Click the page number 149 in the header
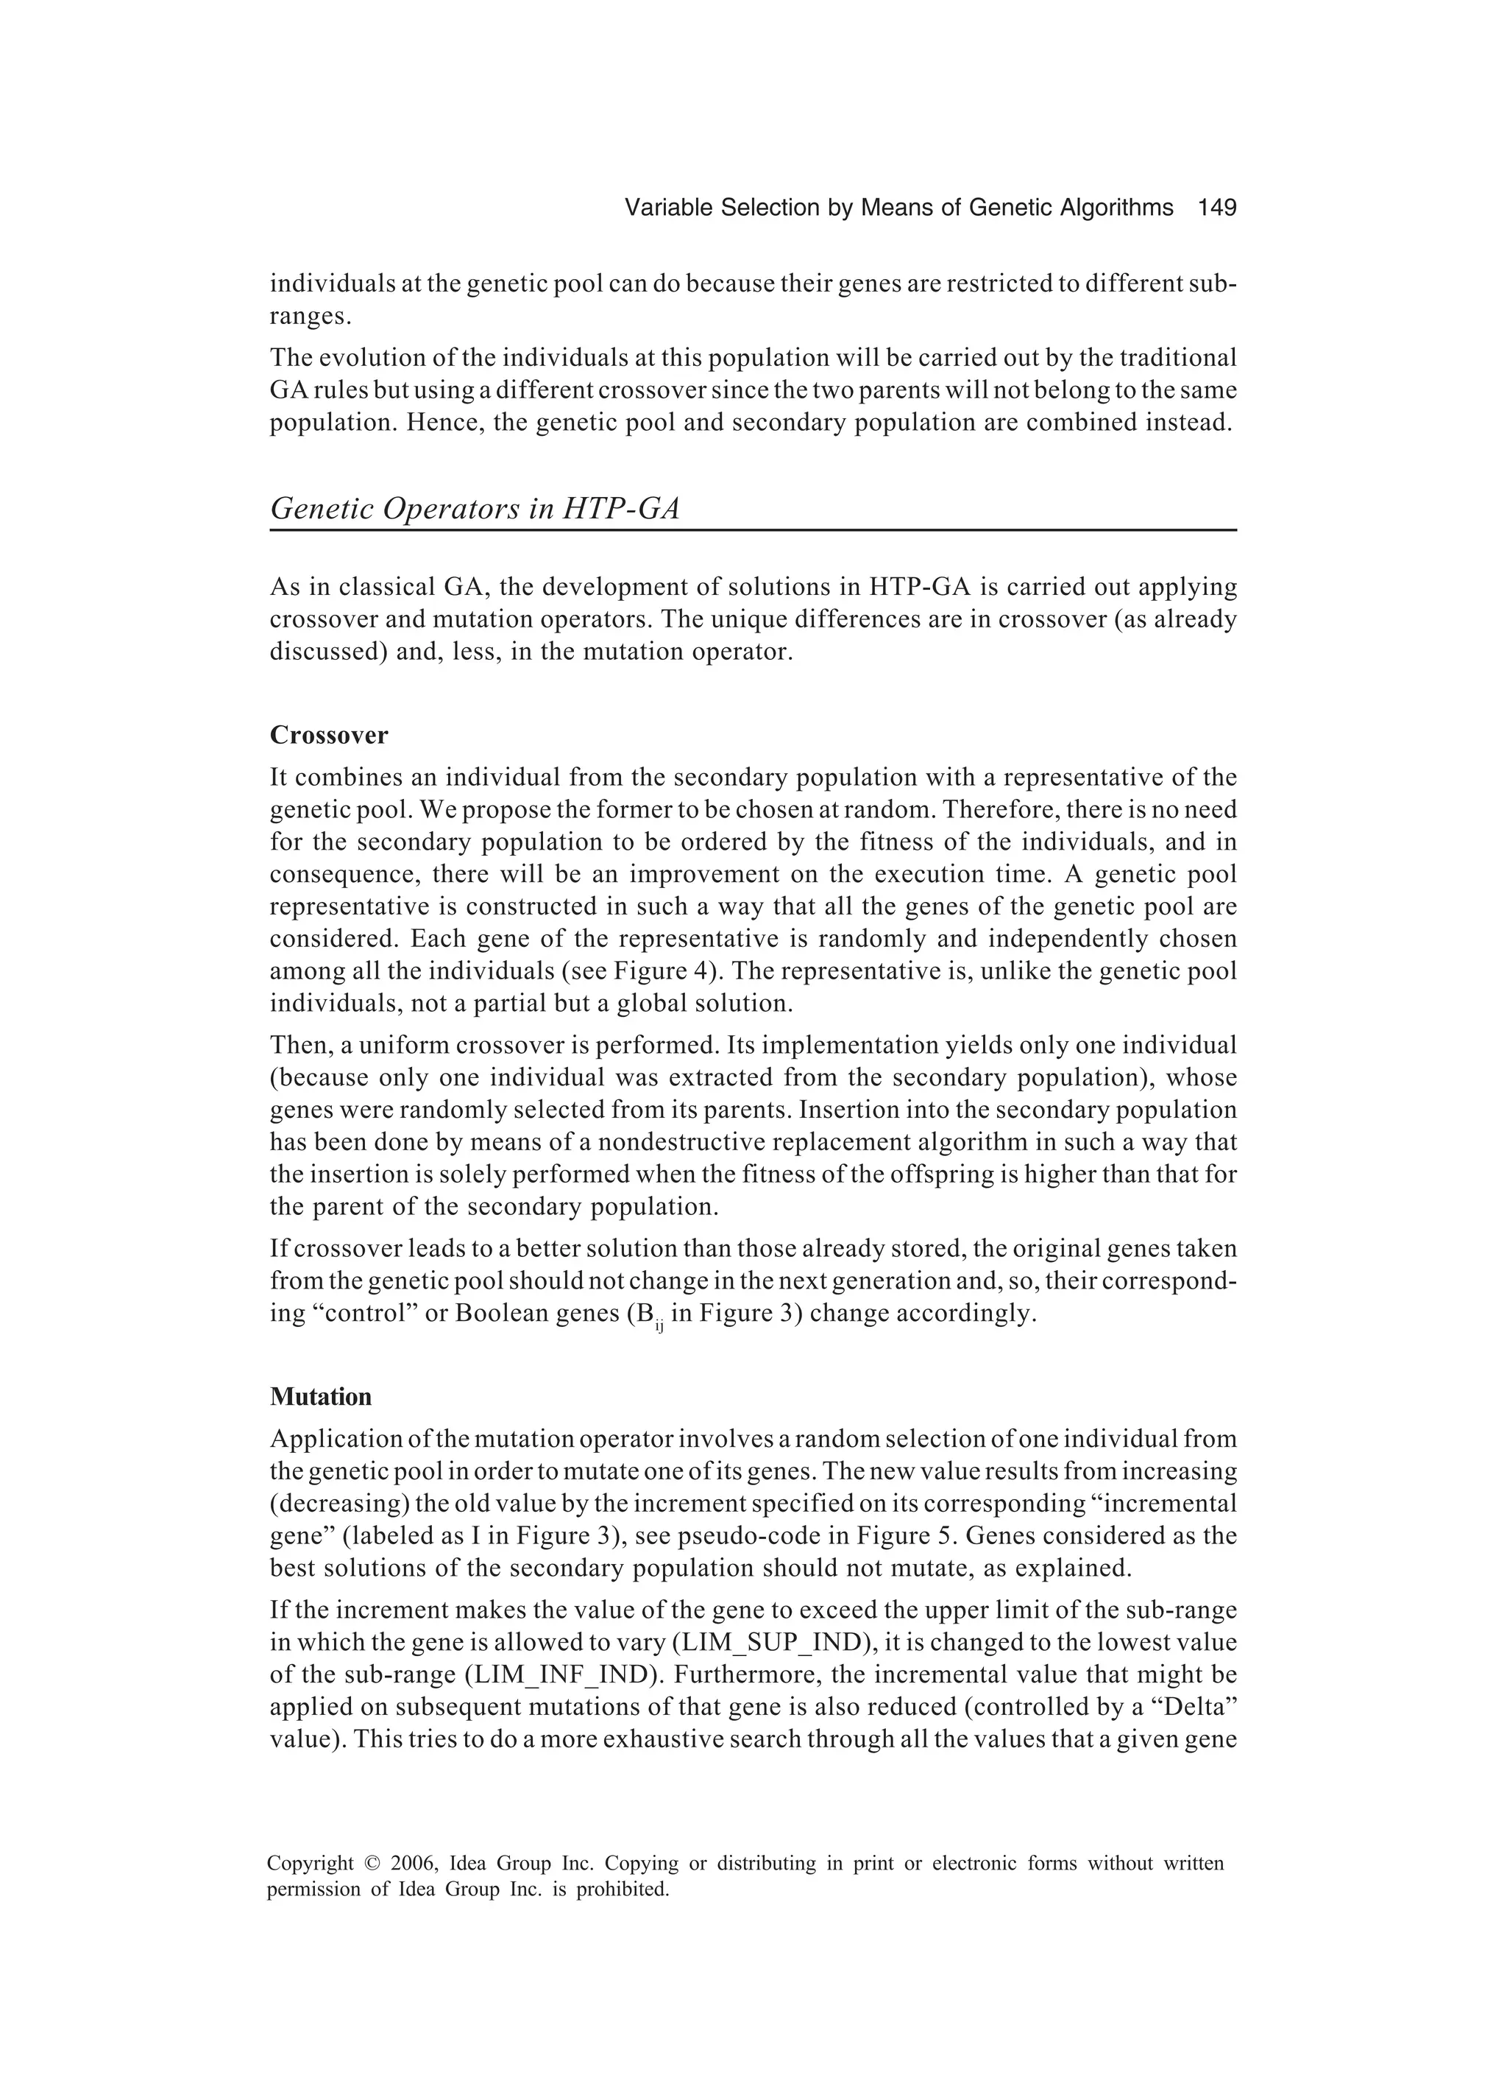1216,208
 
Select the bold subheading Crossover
329,735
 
